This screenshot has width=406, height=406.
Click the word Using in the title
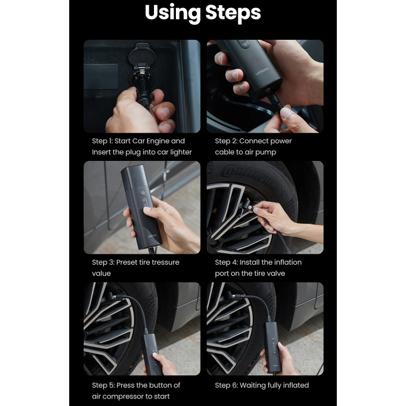point(172,13)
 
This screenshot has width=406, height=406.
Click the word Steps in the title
point(233,13)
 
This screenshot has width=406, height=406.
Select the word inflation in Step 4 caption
point(287,262)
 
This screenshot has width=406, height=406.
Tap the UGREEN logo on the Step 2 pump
point(262,71)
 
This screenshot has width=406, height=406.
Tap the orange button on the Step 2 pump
point(245,45)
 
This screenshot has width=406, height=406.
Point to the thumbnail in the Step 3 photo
point(147,209)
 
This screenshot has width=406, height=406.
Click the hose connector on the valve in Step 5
point(112,296)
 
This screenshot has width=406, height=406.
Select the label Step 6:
point(226,385)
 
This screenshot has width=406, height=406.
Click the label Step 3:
point(103,262)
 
